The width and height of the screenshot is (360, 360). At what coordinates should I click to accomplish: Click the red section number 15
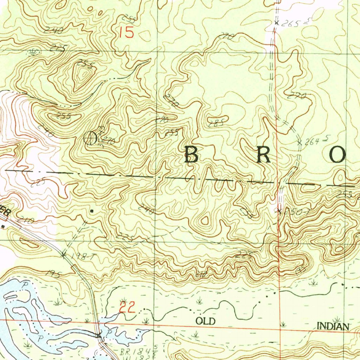coord(127,33)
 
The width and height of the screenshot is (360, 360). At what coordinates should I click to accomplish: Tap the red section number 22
coord(127,308)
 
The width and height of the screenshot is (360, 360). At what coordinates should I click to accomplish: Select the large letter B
coord(191,155)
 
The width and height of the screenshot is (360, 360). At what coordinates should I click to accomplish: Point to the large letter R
coord(264,155)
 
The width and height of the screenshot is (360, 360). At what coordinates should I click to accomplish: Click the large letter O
coord(337,155)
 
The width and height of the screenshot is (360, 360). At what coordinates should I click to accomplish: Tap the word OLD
coord(205,321)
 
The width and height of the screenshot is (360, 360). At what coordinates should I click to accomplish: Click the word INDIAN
coord(333,327)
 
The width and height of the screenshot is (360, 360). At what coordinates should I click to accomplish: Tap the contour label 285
coord(214,123)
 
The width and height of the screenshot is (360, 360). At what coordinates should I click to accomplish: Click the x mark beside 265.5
coord(277,23)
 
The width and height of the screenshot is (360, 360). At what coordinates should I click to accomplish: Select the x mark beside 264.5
coord(300,143)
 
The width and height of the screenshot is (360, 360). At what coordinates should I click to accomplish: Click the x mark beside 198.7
coord(64,255)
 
